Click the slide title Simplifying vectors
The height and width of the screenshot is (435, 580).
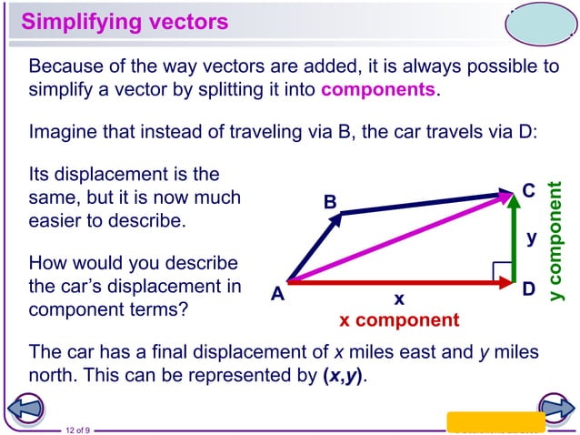(x=125, y=21)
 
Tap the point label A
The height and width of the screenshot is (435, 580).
(x=276, y=294)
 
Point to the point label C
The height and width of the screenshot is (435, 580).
(x=528, y=191)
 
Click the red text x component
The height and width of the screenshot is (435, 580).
(x=399, y=320)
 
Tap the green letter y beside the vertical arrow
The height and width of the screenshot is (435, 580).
(x=532, y=238)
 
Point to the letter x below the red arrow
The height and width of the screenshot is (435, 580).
(x=398, y=298)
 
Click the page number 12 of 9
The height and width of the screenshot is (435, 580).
(x=76, y=430)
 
